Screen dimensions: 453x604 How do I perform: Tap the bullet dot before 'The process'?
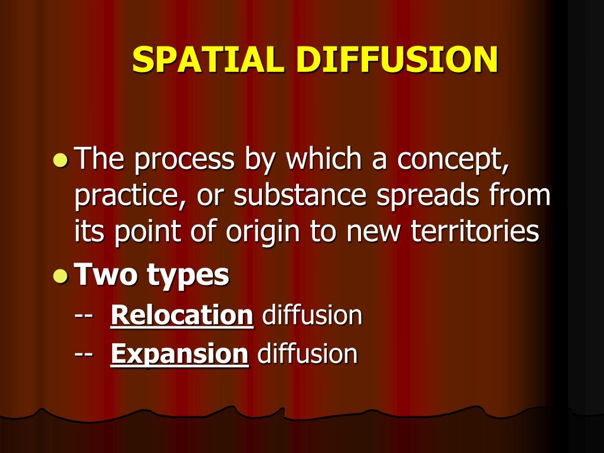[60, 159]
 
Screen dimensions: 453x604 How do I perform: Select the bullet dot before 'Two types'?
[60, 275]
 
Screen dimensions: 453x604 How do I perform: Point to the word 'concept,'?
[452, 160]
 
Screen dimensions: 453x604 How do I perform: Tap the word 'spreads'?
[419, 197]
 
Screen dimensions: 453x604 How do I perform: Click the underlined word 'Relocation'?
[182, 316]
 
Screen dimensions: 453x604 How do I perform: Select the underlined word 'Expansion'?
[179, 354]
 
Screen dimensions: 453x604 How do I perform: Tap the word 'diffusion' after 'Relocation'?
[312, 316]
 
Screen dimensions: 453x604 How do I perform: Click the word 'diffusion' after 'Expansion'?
[308, 354]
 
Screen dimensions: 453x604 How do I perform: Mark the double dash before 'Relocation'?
[83, 316]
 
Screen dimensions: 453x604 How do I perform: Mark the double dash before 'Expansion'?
[83, 354]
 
